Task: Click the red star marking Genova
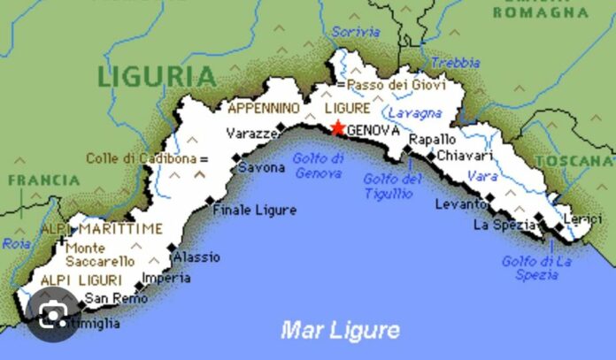pos(338,128)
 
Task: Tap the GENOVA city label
pos(373,131)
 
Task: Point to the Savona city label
pos(262,167)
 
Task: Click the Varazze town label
pos(252,134)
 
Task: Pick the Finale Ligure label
pos(254,210)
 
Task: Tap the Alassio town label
pos(196,257)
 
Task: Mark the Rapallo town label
pos(433,140)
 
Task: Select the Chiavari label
pos(466,156)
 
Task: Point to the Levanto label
pos(461,204)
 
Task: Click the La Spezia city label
pos(505,225)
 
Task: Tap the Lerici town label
pos(584,218)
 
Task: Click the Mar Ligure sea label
pos(340,331)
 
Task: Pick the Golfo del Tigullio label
pos(392,185)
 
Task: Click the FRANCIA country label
pos(43,180)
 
